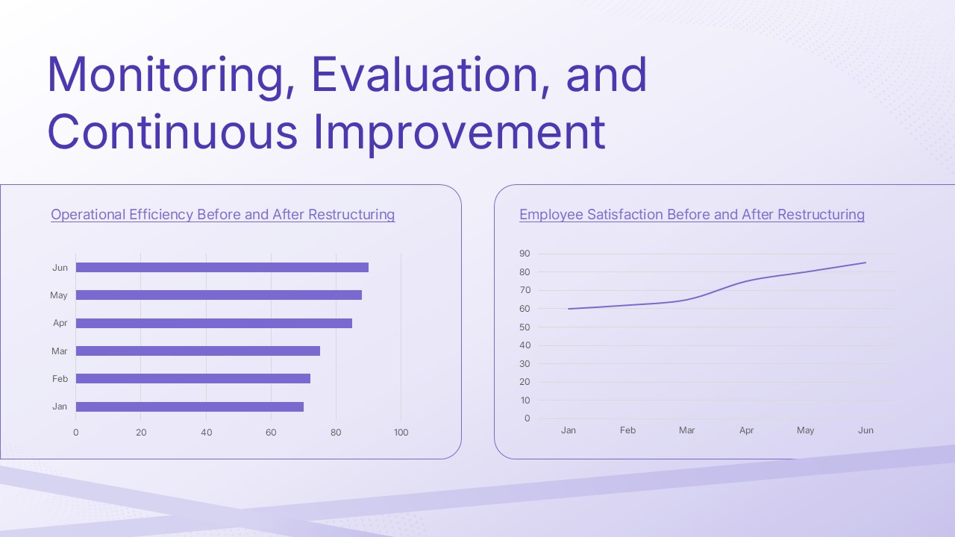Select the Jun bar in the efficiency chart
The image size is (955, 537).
click(222, 268)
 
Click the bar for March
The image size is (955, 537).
click(198, 351)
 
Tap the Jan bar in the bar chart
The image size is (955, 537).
click(190, 406)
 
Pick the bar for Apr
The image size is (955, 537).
click(213, 323)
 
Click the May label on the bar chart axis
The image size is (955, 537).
click(59, 295)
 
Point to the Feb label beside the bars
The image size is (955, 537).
click(60, 379)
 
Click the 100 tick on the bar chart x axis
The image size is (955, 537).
click(401, 433)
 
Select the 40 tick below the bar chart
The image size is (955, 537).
click(206, 433)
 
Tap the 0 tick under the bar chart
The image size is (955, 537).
click(75, 433)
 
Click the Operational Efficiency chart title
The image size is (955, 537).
click(222, 215)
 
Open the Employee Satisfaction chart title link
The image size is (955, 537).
click(692, 215)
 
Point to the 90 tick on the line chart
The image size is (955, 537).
click(525, 254)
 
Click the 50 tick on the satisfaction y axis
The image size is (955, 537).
click(525, 327)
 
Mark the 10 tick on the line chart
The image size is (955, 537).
click(525, 401)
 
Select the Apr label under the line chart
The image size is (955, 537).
click(746, 430)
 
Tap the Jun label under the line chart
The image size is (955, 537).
click(865, 430)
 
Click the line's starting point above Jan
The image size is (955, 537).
click(569, 309)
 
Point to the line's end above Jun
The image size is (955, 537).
click(865, 263)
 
